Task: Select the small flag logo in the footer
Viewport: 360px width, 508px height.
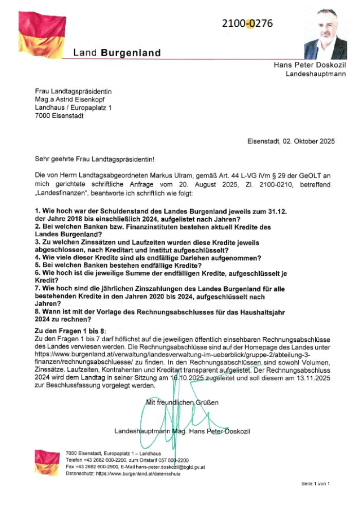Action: [47, 462]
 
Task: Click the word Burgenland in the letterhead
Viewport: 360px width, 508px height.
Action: [131, 52]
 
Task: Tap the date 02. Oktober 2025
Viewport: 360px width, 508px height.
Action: [305, 141]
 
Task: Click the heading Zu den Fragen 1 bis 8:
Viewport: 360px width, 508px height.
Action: [70, 330]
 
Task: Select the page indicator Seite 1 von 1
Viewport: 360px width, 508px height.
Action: [316, 484]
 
